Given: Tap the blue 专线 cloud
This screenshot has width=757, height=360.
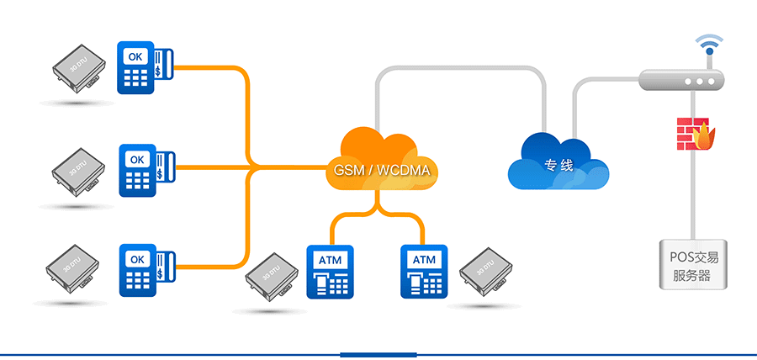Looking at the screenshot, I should [x=558, y=161].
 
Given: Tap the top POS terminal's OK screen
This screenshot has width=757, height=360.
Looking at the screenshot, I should [x=135, y=56].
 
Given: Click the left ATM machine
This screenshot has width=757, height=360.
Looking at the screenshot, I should [x=331, y=271].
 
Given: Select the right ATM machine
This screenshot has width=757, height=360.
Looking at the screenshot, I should [x=423, y=271].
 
